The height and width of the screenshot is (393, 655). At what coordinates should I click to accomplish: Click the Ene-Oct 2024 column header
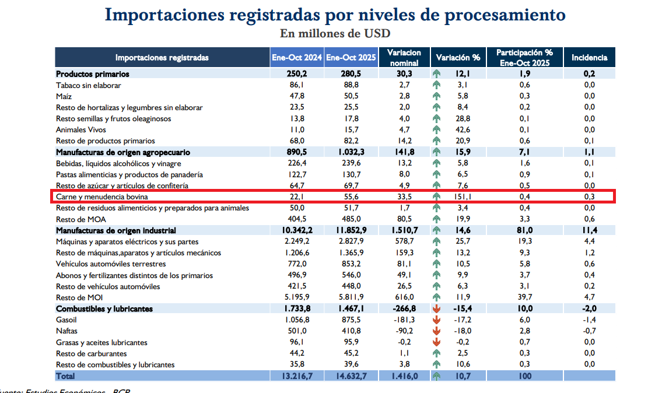tap(297, 58)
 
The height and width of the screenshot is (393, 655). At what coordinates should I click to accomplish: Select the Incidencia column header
tap(589, 58)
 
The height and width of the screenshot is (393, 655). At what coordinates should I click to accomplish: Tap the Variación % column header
tap(458, 58)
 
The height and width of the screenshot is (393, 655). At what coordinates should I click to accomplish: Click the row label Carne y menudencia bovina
tap(101, 197)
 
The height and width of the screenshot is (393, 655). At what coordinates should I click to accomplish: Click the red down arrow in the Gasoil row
tap(436, 320)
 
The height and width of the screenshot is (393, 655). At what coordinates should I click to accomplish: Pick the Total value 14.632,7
tap(351, 376)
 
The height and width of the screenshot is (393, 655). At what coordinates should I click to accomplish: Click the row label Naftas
tap(67, 331)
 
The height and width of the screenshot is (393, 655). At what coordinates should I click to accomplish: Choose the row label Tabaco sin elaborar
tap(89, 85)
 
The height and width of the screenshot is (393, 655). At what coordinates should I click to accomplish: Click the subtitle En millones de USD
tap(335, 33)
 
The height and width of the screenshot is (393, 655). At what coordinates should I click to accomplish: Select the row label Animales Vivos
tap(81, 130)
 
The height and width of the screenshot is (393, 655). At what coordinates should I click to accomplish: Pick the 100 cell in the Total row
tap(524, 376)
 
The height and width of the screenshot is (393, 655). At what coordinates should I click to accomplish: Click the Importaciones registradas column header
tap(162, 58)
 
